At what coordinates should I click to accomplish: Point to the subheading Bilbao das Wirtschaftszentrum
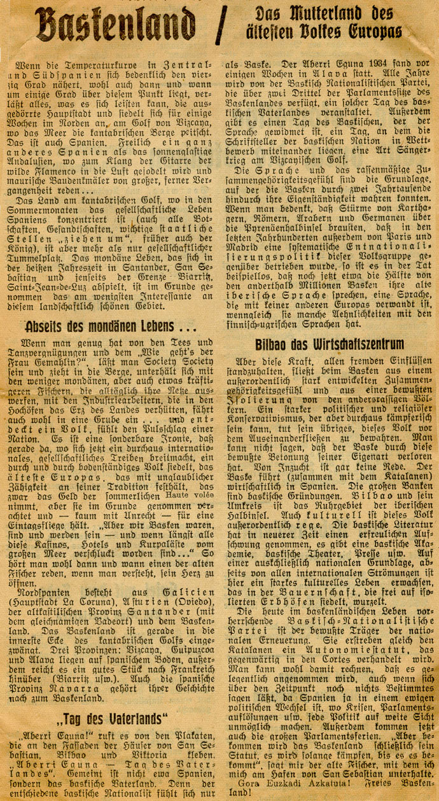330,344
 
